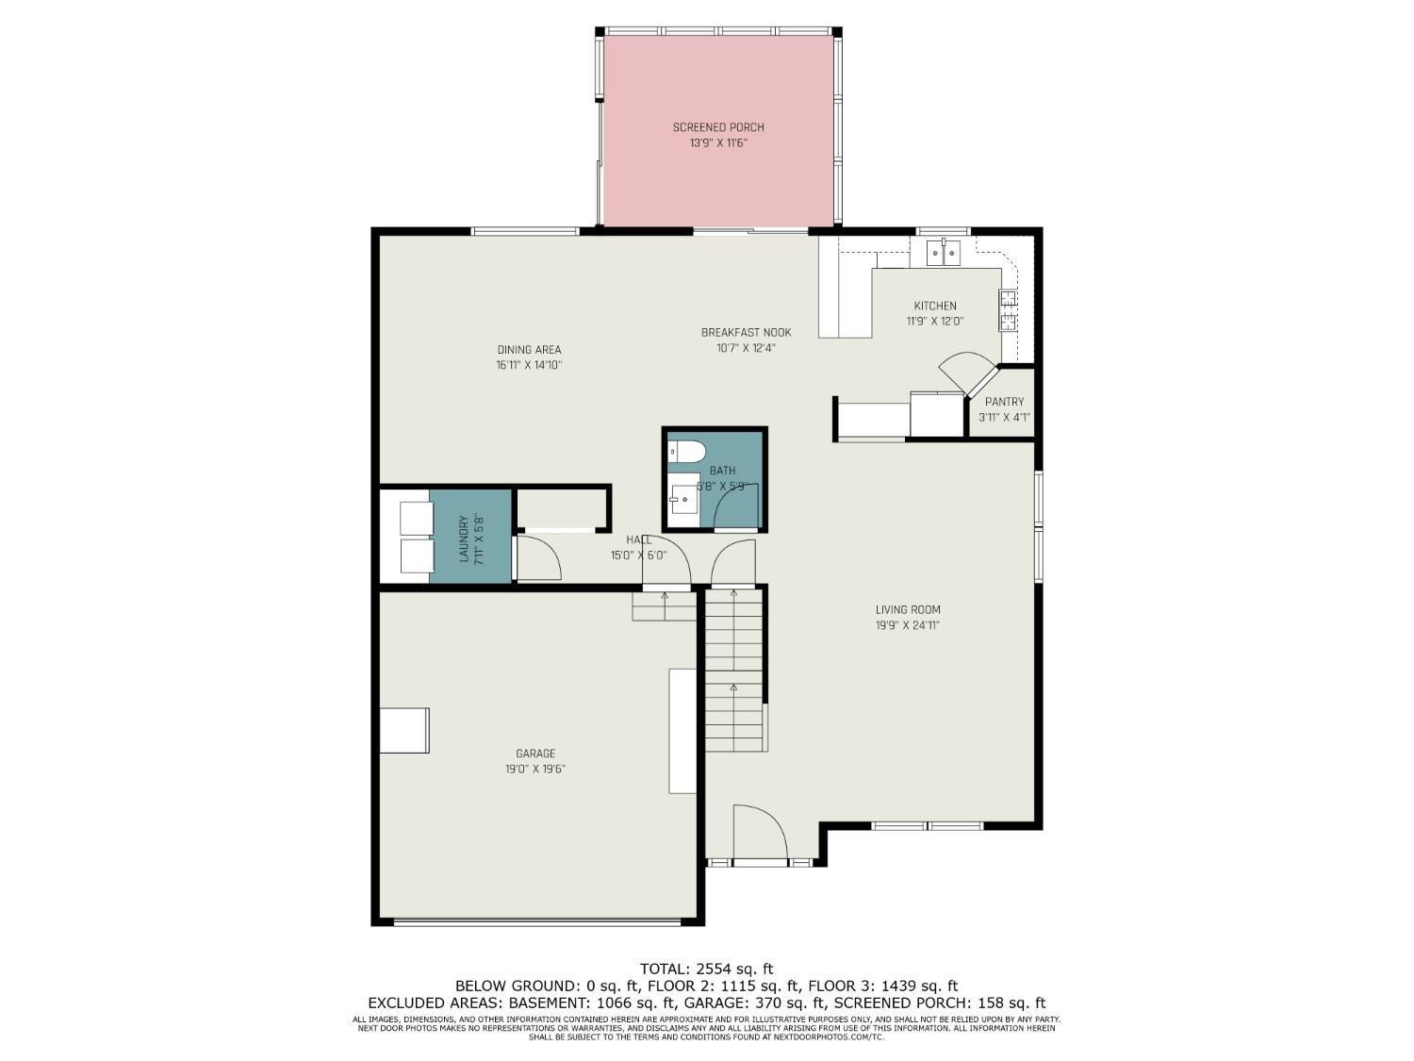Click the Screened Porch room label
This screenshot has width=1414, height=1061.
point(718,127)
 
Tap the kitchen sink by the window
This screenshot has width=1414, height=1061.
point(943,252)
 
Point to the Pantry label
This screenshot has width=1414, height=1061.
point(1004,402)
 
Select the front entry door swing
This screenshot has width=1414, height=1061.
point(760,834)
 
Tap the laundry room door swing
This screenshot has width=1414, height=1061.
point(539,558)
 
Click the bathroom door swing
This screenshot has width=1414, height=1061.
point(735,509)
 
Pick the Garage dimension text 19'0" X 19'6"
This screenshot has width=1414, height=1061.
point(534,769)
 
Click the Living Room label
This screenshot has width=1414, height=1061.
point(908,609)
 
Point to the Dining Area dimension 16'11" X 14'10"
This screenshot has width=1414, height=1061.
point(529,365)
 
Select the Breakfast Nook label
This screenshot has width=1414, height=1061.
point(746,332)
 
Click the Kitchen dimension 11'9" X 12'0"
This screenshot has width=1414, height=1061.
point(935,321)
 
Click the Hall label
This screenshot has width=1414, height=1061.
point(638,539)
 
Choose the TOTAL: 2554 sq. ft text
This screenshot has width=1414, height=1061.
point(706,969)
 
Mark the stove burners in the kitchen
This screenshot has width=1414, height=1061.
point(1008,310)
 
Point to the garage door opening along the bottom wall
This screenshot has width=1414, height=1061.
point(536,921)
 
